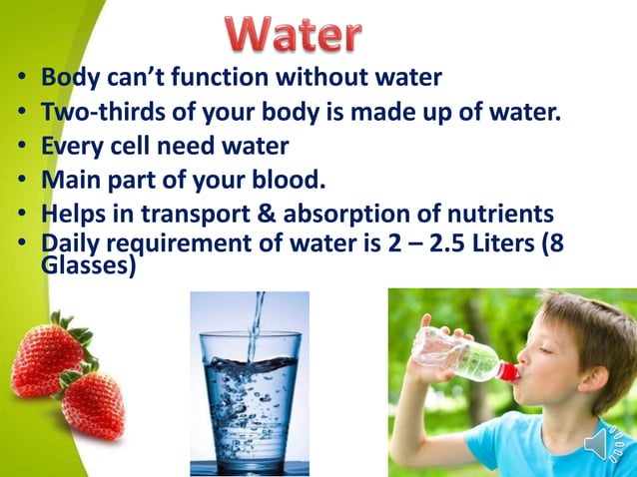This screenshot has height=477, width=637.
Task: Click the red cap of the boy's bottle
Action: [508, 372]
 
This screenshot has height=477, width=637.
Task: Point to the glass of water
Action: [249, 399]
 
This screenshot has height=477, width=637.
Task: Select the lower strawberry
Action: [93, 404]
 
